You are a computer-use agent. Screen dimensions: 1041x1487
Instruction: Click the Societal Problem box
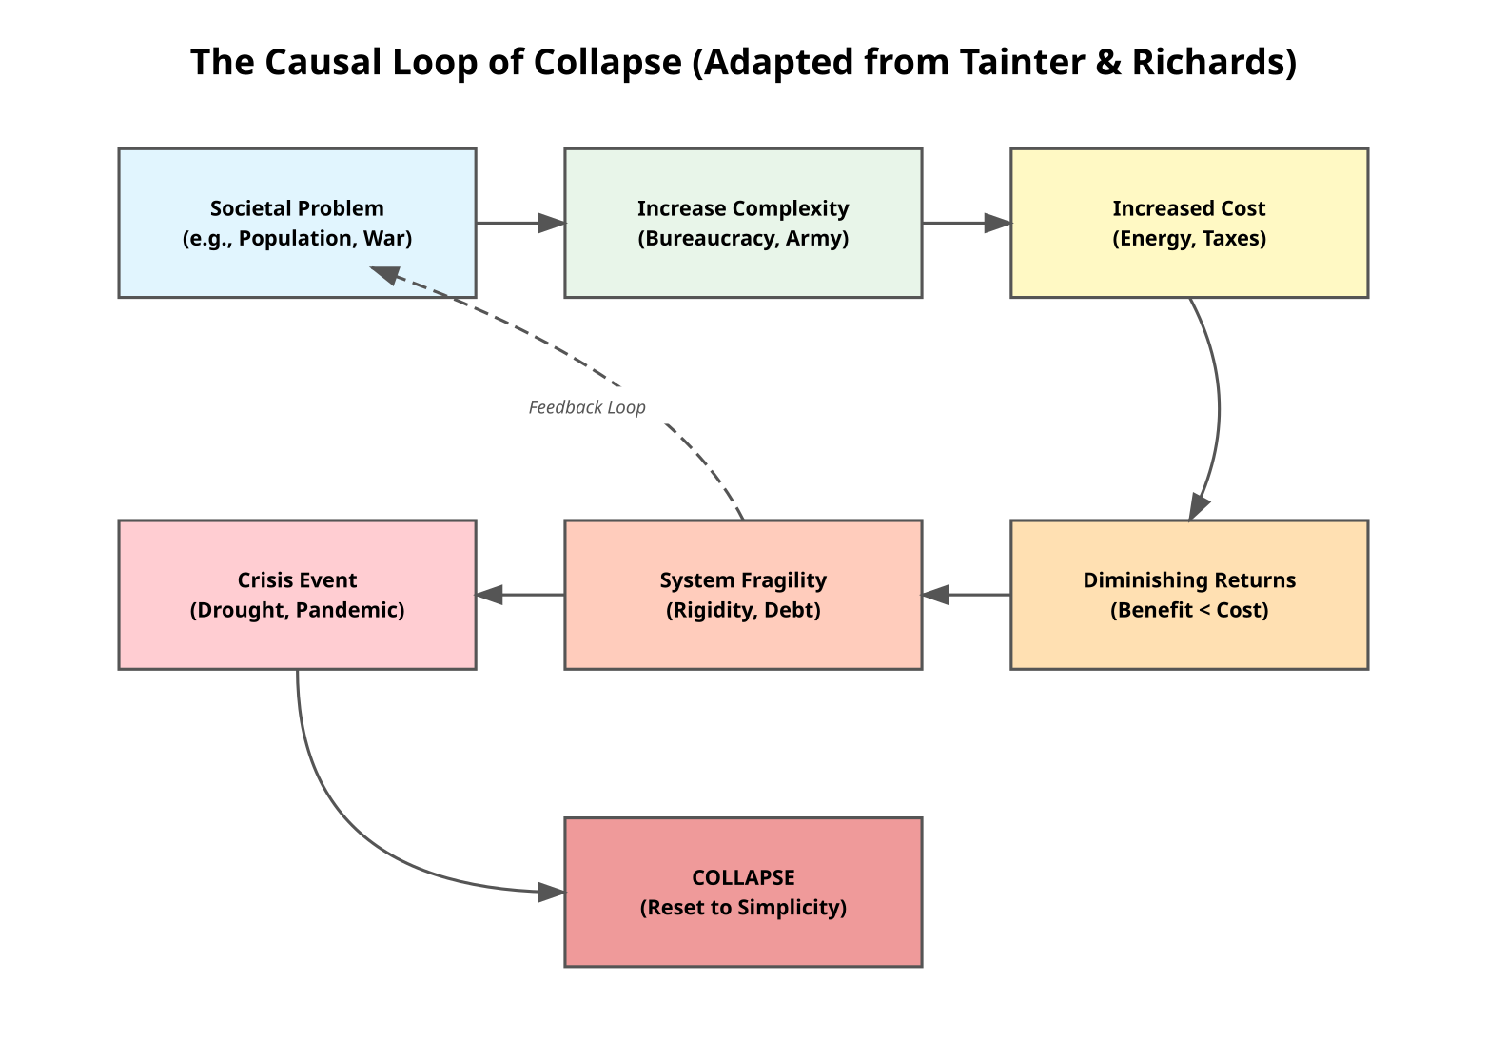[x=297, y=223]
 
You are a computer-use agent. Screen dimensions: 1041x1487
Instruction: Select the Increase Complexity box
[x=743, y=223]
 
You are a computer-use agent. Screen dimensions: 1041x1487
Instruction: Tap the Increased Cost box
[x=1189, y=223]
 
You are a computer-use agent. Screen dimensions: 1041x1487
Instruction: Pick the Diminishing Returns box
[x=1189, y=595]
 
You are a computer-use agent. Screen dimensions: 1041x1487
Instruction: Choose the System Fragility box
[x=743, y=595]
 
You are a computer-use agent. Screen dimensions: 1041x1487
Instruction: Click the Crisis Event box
[x=297, y=595]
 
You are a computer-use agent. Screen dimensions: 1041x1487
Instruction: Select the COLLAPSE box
[x=743, y=892]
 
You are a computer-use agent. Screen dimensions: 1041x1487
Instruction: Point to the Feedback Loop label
[x=587, y=407]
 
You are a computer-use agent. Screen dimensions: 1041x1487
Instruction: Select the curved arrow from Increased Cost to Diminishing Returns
[x=1219, y=409]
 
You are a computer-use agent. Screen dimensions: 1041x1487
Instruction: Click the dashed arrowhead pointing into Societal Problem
[x=384, y=274]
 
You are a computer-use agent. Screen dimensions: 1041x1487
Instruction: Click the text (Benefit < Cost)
[x=1189, y=610]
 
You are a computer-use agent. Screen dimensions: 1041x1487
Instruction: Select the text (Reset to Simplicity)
[x=743, y=907]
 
